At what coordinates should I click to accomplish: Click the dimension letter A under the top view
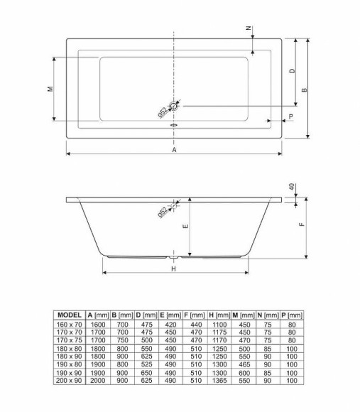(x=174, y=149)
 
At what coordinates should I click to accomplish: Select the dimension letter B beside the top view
(x=303, y=90)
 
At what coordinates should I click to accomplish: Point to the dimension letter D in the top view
(x=292, y=72)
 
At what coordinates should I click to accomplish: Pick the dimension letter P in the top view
(x=292, y=116)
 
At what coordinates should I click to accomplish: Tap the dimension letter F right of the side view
(x=301, y=226)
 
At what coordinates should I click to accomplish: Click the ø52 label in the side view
(x=163, y=210)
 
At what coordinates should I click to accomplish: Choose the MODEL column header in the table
(x=70, y=315)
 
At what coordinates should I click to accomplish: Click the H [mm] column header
(x=217, y=315)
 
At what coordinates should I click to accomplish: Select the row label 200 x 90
(x=70, y=381)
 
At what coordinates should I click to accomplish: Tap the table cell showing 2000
(x=97, y=381)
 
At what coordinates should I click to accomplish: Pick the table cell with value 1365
(x=217, y=381)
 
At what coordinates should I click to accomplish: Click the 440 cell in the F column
(x=193, y=323)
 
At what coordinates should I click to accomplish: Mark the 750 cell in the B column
(x=121, y=340)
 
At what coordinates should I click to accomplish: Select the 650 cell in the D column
(x=146, y=373)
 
